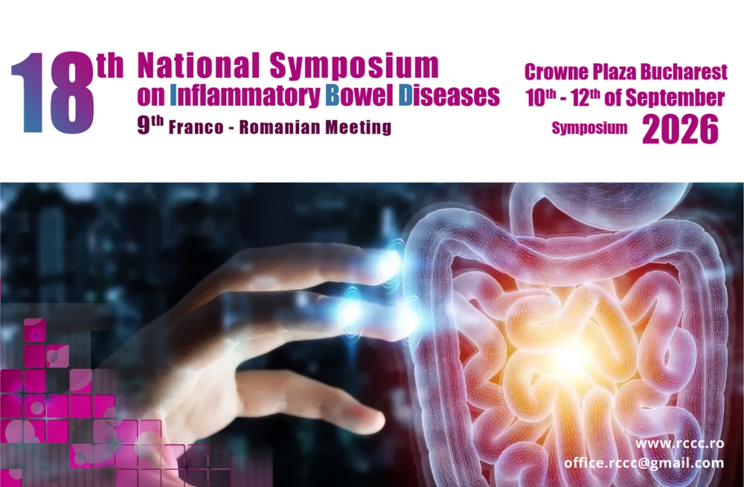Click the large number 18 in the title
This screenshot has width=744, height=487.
click(53, 92)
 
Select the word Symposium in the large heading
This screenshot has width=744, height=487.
click(354, 66)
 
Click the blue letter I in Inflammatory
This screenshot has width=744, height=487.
click(173, 95)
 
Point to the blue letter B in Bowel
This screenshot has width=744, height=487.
click(333, 95)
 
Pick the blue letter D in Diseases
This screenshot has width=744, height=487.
click(405, 95)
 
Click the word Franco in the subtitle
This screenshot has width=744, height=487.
click(196, 127)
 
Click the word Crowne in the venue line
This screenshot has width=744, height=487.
click(556, 72)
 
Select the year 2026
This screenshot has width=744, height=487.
click(680, 130)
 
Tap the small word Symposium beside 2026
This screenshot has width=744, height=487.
click(589, 128)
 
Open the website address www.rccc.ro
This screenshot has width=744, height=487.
click(679, 444)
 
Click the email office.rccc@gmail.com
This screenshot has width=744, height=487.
click(644, 463)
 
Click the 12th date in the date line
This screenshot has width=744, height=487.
click(586, 98)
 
